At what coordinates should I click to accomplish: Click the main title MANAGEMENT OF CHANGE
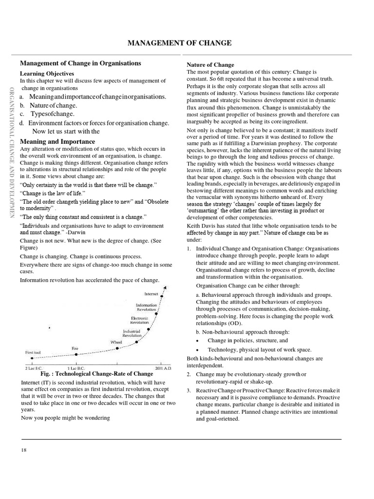[179, 44]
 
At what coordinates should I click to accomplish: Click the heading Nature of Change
[210, 65]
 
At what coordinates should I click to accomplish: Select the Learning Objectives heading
[47, 74]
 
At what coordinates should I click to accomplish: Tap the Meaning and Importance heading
[57, 141]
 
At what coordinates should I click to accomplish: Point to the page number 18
[24, 449]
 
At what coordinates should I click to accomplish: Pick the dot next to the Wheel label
[137, 343]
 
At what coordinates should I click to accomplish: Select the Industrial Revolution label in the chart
[132, 333]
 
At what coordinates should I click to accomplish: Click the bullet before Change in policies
[197, 341]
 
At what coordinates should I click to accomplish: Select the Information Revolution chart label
[146, 307]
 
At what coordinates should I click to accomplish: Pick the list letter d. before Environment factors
[22, 123]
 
